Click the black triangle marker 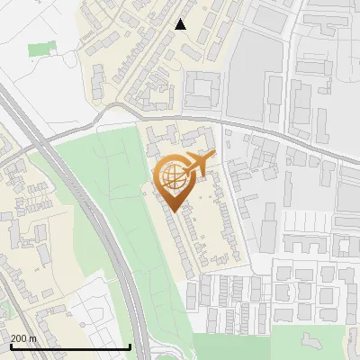180,24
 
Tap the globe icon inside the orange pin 175,177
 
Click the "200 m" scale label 22,337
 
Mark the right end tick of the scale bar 130,346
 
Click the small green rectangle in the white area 40,48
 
